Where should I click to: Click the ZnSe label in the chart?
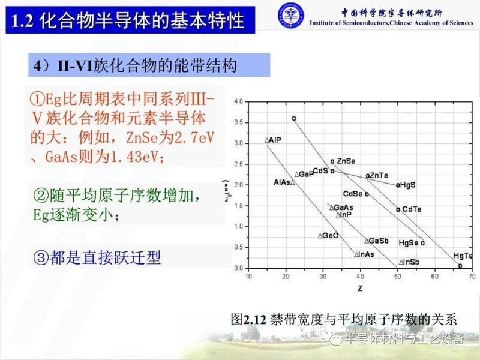346,161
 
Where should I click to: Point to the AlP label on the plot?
275,140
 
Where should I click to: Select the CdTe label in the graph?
412,209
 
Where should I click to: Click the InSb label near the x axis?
410,262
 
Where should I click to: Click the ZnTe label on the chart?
378,175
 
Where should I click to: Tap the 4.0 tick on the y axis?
238,102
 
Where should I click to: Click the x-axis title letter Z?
358,289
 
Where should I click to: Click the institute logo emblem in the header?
290,16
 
